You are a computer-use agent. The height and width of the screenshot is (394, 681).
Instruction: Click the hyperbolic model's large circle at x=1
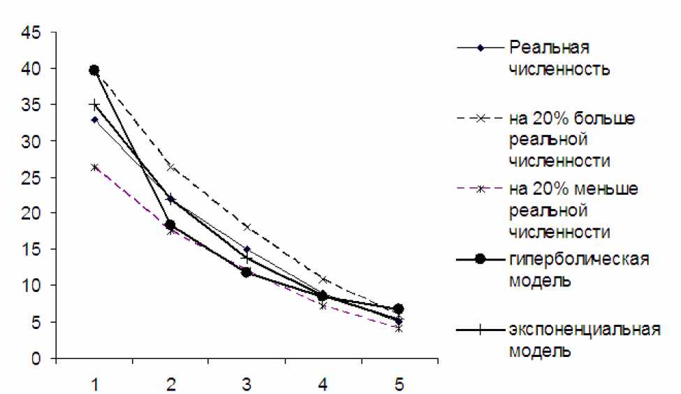(94, 70)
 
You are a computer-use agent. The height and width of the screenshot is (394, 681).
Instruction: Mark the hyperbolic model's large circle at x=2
(170, 225)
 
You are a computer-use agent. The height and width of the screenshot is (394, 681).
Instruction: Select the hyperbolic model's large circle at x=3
(246, 272)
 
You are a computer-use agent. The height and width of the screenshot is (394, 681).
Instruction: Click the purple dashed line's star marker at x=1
(94, 167)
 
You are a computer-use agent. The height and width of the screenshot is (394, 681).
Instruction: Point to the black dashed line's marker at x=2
(170, 167)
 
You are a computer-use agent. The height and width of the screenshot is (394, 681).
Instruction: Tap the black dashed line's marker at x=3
(246, 226)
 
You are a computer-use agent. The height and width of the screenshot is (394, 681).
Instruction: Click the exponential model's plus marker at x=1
(94, 105)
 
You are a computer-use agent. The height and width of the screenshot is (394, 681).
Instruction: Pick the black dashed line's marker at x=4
(322, 279)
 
